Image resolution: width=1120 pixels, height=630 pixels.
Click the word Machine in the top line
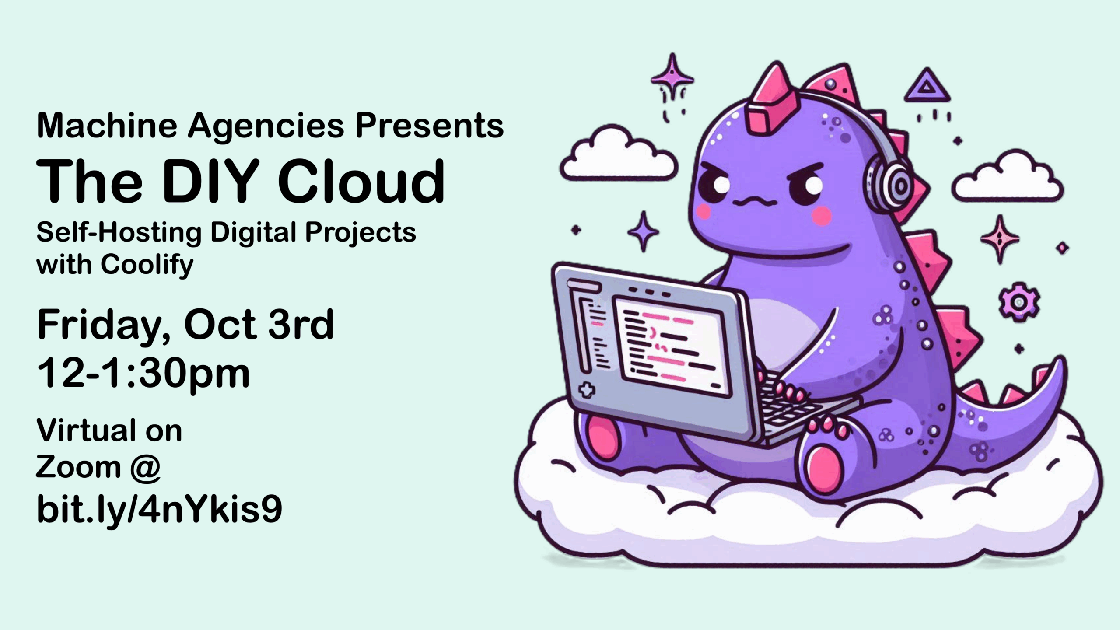click(107, 126)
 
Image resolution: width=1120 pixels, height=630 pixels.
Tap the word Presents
click(429, 126)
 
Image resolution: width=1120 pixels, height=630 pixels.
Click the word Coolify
click(147, 265)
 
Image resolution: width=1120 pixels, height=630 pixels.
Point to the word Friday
click(104, 326)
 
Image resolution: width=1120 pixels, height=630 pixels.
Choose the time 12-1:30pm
click(143, 373)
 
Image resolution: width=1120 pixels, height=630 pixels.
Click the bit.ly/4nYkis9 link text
click(159, 510)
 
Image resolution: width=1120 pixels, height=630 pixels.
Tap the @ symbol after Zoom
click(145, 467)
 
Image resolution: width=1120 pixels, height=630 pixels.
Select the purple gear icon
click(1019, 302)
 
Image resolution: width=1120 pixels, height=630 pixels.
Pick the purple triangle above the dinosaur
click(927, 86)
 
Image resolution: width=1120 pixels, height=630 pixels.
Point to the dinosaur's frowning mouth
click(755, 202)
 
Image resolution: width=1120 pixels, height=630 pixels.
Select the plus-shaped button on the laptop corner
click(587, 390)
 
